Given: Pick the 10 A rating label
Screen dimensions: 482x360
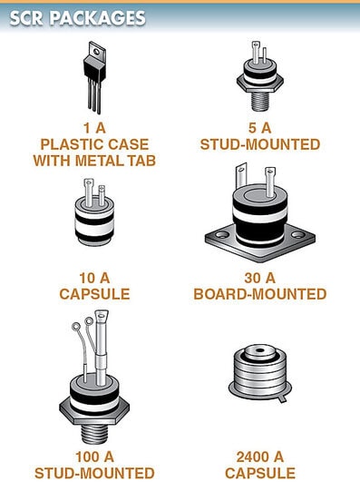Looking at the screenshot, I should (x=94, y=278).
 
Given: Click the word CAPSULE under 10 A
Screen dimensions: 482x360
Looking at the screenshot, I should (x=94, y=294).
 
